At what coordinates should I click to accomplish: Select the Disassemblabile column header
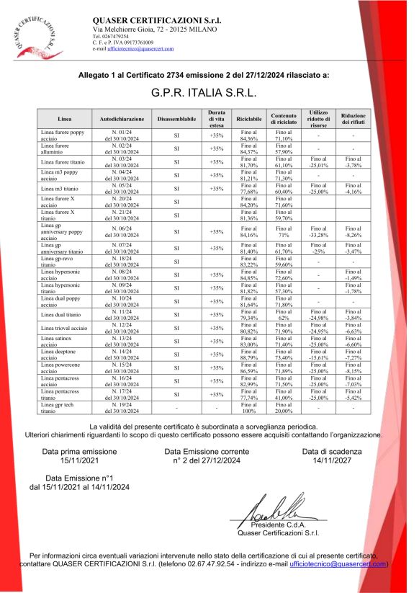click(x=176, y=119)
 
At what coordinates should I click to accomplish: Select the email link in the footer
click(x=336, y=564)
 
